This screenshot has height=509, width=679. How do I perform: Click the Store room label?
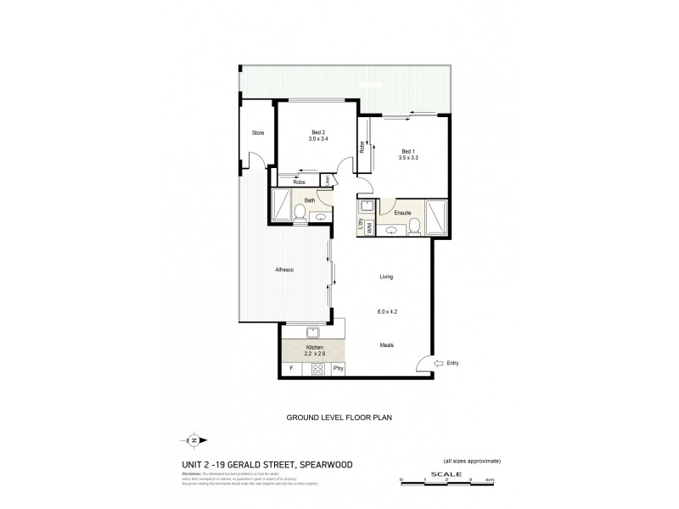pyautogui.click(x=257, y=132)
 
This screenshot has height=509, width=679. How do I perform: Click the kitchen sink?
pyautogui.click(x=311, y=332)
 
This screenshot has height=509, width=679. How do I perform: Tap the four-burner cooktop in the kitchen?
pyautogui.click(x=320, y=369)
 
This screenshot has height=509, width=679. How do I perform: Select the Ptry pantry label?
pyautogui.click(x=339, y=369)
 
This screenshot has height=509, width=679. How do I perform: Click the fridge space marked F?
pyautogui.click(x=291, y=369)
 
